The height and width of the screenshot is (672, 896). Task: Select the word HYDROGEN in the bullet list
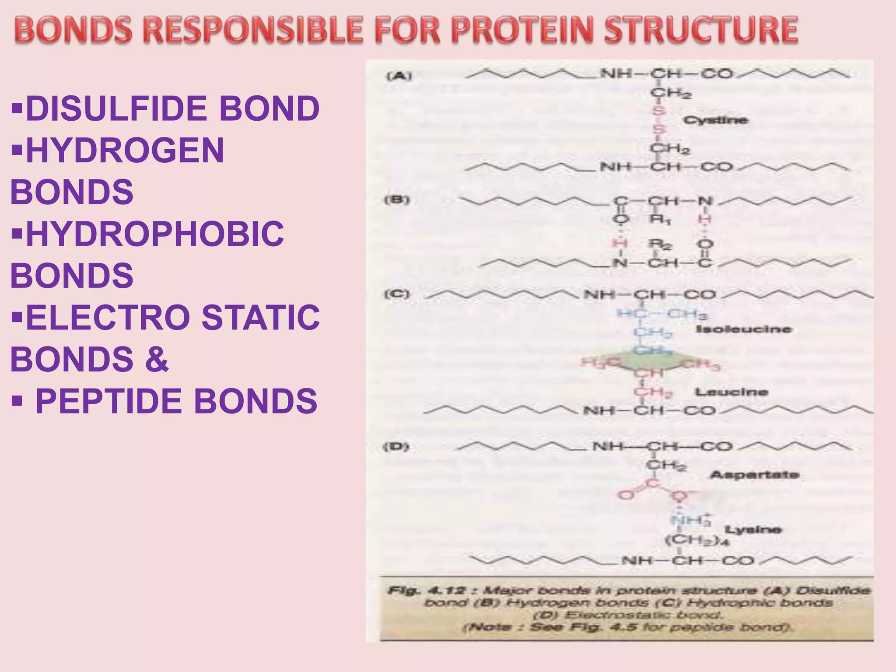(125, 150)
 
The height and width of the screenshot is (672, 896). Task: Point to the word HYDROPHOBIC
(155, 234)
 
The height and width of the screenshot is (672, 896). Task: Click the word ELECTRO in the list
(107, 317)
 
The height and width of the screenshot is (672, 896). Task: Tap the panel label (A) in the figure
(399, 76)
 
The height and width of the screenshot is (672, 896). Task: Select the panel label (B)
(397, 200)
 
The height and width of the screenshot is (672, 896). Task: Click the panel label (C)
(397, 294)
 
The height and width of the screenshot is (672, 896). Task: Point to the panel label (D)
(396, 447)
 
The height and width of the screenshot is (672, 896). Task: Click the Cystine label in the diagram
(716, 120)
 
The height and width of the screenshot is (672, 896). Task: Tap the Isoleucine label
(743, 329)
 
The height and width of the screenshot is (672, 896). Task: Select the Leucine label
(731, 392)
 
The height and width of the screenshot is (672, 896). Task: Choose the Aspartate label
(755, 475)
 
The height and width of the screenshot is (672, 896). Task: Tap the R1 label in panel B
(661, 220)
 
